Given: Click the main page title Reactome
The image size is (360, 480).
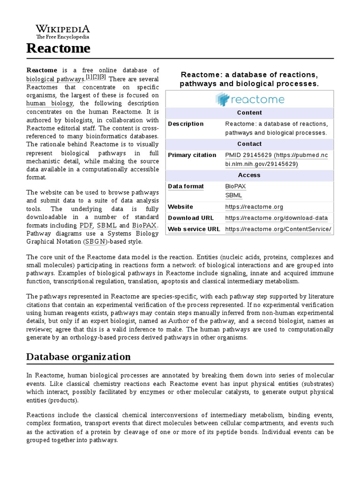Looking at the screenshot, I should click(x=58, y=48).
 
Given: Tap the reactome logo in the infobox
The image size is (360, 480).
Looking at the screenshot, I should click(x=249, y=99).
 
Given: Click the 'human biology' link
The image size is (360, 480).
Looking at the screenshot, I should click(x=50, y=103).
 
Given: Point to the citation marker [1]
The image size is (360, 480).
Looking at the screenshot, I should click(x=89, y=77).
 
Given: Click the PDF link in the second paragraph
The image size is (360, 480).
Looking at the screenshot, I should click(x=86, y=225).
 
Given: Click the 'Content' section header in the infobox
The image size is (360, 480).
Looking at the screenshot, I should click(x=249, y=112).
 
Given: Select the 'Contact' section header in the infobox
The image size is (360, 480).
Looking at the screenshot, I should click(x=249, y=144).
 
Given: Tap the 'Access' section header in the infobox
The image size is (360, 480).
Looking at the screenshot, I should click(x=249, y=175).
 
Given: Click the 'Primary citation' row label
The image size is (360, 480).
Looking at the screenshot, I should click(x=192, y=155).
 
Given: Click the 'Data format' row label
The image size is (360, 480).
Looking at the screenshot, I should click(x=186, y=186).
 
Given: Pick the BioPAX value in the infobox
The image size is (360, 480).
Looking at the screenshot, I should click(x=235, y=186).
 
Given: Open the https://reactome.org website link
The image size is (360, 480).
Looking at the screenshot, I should click(x=254, y=207).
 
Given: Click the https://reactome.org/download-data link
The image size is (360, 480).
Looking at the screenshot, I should click(x=276, y=218).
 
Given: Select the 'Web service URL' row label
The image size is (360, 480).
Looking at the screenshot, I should click(x=194, y=229).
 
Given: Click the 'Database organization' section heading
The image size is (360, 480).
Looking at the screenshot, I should click(x=78, y=357).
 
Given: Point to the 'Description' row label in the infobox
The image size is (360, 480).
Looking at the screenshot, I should click(x=186, y=124).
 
